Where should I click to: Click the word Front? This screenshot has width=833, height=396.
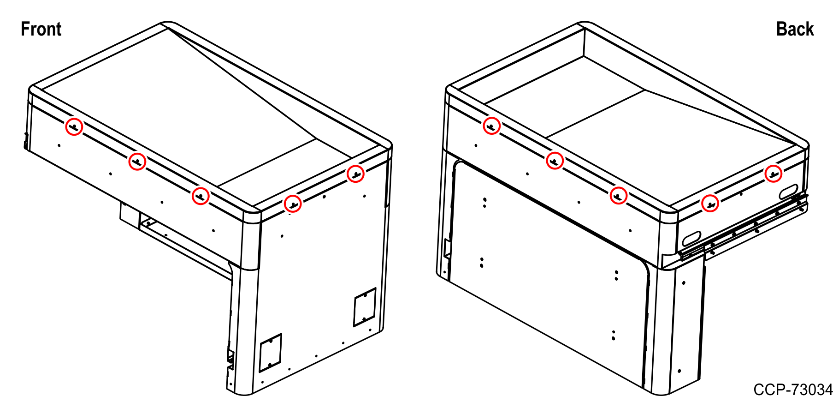pos(41,29)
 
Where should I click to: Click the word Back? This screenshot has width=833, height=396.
pos(795,29)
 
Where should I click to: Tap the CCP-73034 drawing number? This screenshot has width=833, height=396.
pos(792,389)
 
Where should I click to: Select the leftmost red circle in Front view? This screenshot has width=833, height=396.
pos(74,126)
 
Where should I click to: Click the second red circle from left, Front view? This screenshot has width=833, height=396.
pos(137,162)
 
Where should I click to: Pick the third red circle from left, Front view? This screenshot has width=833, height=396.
pos(201,196)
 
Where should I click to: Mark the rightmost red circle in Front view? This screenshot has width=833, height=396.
pos(355,174)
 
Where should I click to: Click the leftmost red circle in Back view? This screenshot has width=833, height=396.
pos(491,126)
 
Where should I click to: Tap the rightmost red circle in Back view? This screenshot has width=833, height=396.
pos(773,174)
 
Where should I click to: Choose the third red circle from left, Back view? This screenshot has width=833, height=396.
pos(618,196)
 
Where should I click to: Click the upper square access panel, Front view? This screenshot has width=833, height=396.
pos(365,307)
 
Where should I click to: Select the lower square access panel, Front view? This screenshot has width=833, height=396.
pos(271,353)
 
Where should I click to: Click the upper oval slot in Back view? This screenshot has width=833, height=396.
pos(788,192)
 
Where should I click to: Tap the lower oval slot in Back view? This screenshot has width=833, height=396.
pos(691,238)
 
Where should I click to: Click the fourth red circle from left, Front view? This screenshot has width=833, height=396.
pos(293,203)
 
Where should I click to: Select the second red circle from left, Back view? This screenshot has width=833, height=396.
pos(555,161)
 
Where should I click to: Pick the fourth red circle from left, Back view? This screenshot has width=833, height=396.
pos(710,203)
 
